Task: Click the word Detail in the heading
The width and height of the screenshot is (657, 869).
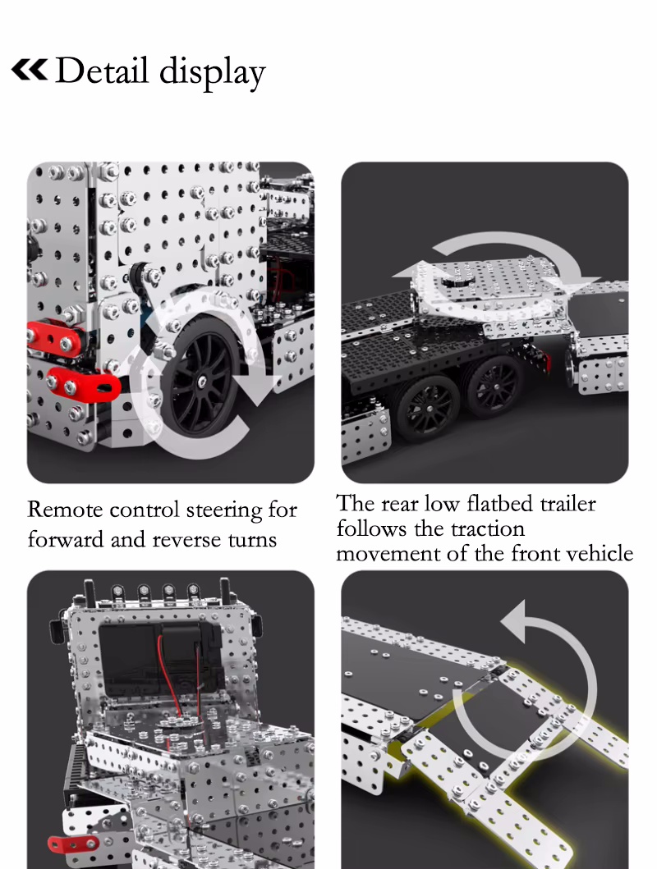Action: [x=102, y=70]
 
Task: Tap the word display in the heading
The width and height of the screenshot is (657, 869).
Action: [x=213, y=72]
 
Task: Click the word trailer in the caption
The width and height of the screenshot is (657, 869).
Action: [x=567, y=503]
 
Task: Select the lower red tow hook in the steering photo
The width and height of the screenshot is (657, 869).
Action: [x=83, y=383]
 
